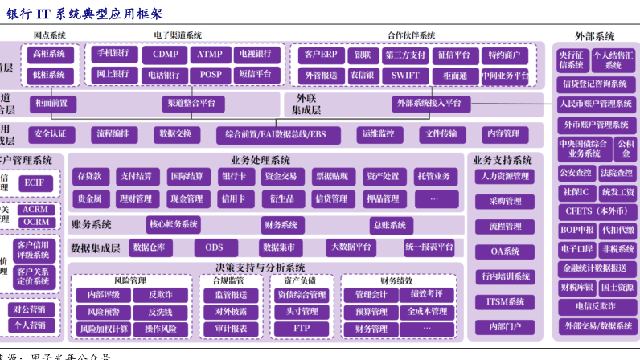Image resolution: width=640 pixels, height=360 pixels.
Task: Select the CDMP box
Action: pos(165,55)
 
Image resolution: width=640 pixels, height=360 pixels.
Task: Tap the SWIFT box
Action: pos(400,75)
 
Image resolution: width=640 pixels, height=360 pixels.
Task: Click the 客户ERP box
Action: pos(318,55)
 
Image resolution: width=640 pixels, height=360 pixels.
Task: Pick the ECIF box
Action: pos(34,182)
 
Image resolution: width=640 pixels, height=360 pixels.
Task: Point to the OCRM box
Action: pos(35,222)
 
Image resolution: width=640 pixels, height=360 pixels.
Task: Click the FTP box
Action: pos(301,329)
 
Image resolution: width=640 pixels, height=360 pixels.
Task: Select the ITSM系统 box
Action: pos(505,302)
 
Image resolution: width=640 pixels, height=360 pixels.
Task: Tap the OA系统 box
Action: pos(505,252)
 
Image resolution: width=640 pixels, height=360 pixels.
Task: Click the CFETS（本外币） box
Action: pos(596,211)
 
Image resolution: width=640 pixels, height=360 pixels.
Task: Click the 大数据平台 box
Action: pos(351,247)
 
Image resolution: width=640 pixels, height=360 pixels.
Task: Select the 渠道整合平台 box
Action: pos(192,103)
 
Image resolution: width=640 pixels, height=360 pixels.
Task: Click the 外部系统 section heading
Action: pos(595,36)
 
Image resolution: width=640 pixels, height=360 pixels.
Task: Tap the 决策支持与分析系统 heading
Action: pos(260,267)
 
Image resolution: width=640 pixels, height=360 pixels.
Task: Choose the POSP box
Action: pos(211,75)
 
